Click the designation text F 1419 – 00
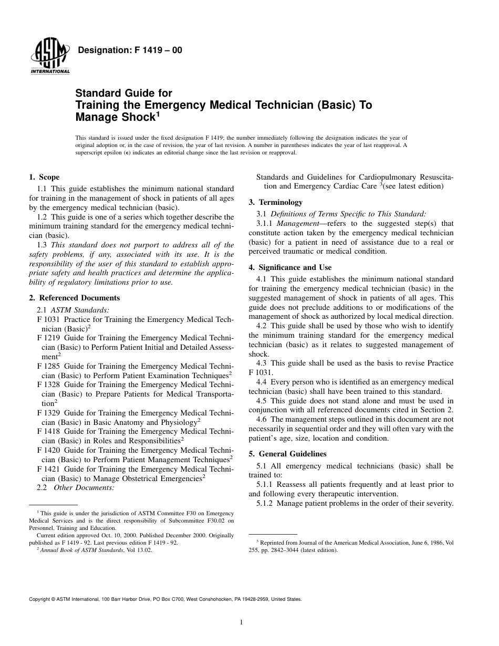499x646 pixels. tap(130, 50)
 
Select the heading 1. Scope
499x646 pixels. tap(44, 177)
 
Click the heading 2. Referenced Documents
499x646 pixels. tap(74, 298)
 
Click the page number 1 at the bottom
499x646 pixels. tap(241, 622)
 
